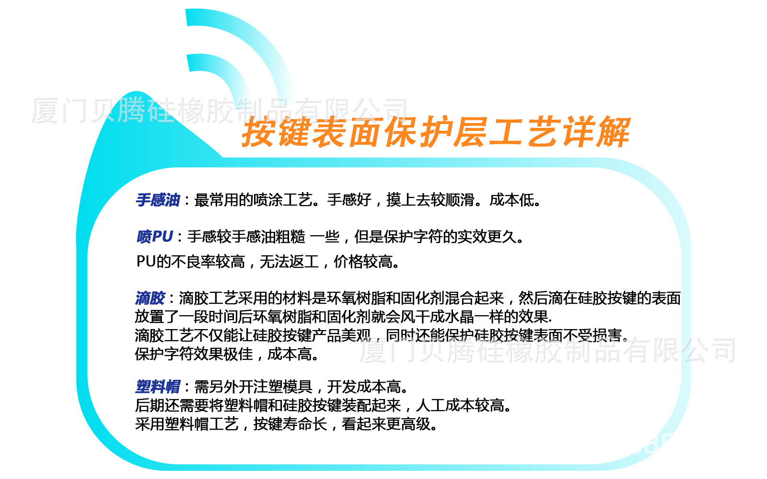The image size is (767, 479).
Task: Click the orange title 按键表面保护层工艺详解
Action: [x=436, y=132]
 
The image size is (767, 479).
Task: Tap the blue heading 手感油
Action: [x=158, y=200]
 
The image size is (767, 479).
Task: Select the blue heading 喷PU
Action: [x=154, y=237]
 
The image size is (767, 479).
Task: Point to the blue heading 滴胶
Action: [x=150, y=298]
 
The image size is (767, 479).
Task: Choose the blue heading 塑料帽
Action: [x=158, y=387]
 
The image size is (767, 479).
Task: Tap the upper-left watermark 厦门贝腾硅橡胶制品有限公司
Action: [x=219, y=110]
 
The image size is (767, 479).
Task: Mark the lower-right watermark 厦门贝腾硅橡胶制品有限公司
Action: [x=547, y=350]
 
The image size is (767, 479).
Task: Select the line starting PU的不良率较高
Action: [x=268, y=262]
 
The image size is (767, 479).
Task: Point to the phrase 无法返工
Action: [x=289, y=262]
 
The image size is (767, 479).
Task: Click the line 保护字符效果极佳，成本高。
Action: [x=227, y=354]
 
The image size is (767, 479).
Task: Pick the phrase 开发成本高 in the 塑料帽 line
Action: [x=364, y=387]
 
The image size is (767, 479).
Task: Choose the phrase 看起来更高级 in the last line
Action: [x=386, y=424]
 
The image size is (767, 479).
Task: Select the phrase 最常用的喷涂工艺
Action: [x=254, y=200]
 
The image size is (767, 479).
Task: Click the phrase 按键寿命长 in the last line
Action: [x=291, y=424]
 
